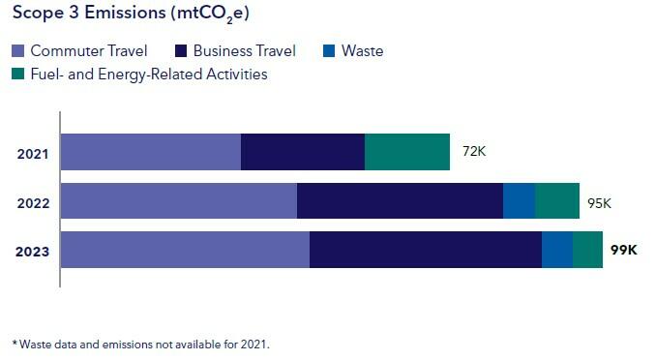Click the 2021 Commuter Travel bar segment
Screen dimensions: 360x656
coord(150,152)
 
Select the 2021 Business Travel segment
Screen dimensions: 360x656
coord(302,152)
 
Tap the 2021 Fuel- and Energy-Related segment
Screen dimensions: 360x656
coord(406,152)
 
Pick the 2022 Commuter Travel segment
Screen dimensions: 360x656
coord(178,200)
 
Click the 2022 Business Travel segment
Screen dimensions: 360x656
coord(400,200)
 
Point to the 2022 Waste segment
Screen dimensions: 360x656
coord(519,200)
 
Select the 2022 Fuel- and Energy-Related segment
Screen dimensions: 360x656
coord(556,200)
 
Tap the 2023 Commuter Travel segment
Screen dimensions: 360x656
coord(185,249)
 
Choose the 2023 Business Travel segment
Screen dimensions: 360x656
coord(425,249)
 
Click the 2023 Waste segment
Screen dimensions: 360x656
coord(556,249)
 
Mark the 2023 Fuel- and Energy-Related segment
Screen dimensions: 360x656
coord(587,249)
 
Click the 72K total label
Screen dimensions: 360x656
coord(474,152)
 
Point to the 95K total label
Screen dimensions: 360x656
coord(600,203)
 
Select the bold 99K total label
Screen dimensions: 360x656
coord(624,250)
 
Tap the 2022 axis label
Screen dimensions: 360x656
coord(33,203)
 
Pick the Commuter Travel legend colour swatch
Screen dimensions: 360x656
coord(18,50)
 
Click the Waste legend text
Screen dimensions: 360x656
coord(362,50)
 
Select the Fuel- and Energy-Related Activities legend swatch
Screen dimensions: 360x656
coord(18,74)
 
